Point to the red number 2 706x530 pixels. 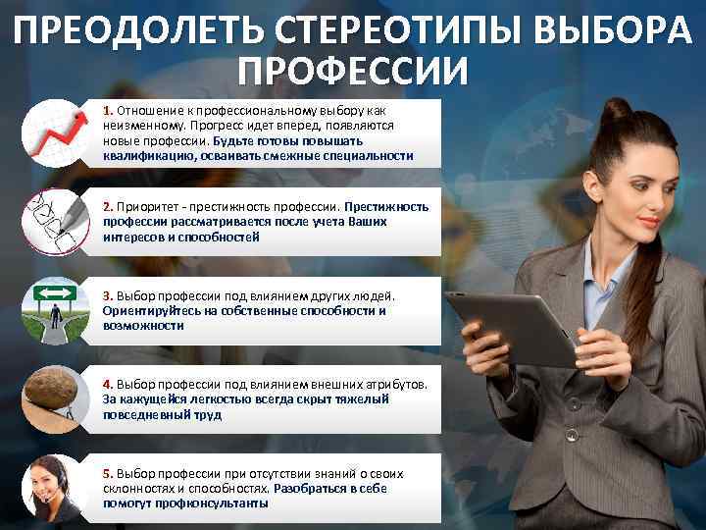point(108,207)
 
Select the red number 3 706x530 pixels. point(108,295)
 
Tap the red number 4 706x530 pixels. point(108,386)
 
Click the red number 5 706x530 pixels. point(108,474)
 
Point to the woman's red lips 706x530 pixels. point(648,222)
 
